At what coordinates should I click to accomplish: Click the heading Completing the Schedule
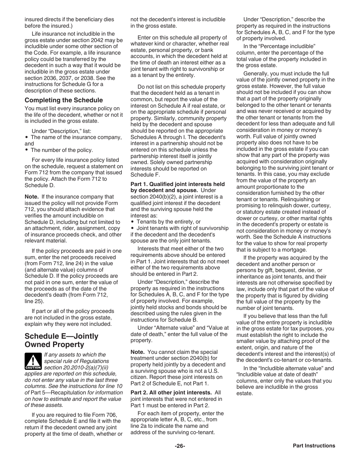click(64, 100)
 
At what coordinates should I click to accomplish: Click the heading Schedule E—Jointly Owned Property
click(61, 340)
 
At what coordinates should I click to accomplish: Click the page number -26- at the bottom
click(180, 446)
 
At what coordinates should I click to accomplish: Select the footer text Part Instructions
click(314, 446)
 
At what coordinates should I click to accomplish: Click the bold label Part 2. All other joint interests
click(176, 393)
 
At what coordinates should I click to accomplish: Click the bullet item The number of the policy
click(61, 150)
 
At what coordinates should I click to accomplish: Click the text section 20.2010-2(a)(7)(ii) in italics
click(77, 367)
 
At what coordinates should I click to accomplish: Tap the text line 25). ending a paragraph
click(34, 301)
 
